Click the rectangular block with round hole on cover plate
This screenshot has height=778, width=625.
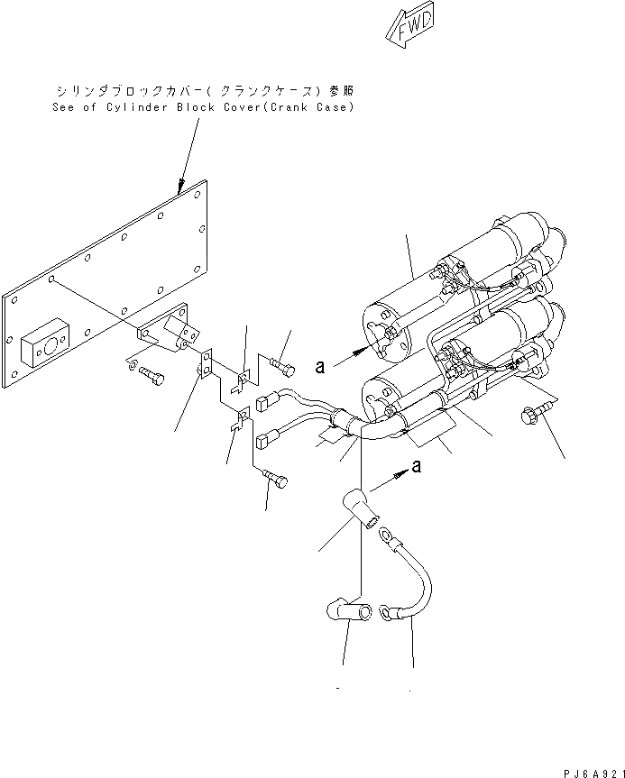43,341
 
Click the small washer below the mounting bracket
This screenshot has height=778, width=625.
131,363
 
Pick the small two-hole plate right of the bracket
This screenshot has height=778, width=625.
205,362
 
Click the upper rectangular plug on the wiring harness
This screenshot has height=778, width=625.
265,402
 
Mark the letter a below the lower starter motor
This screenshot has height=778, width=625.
416,466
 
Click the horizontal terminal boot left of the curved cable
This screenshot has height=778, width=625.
345,613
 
